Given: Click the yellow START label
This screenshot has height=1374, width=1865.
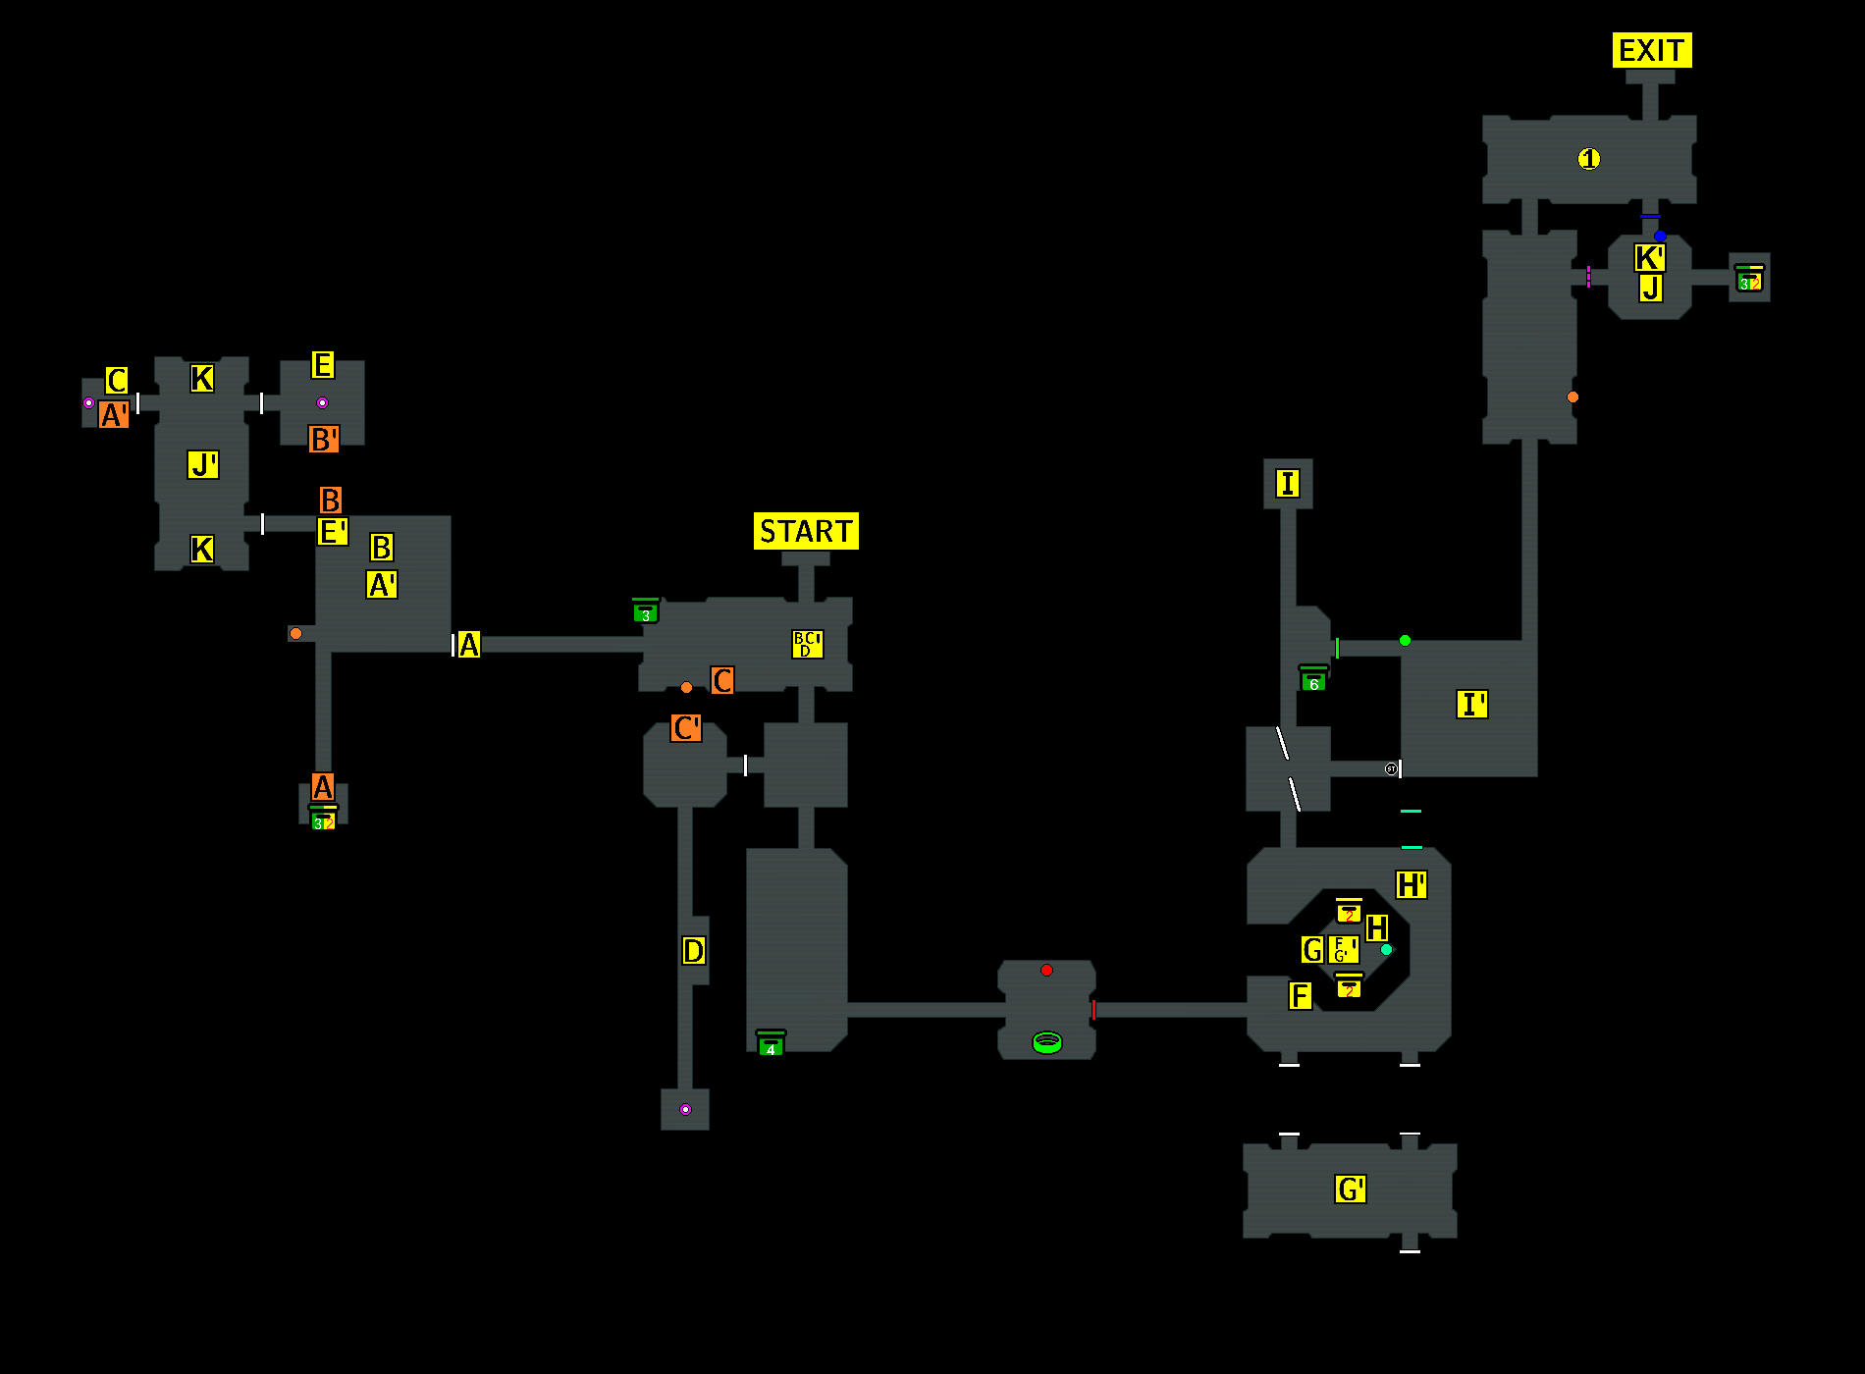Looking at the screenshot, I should [x=806, y=531].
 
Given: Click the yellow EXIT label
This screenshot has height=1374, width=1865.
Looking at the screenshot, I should [x=1652, y=50].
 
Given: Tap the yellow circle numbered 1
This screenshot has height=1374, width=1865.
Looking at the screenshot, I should [x=1589, y=158].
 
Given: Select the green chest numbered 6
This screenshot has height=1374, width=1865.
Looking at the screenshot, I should [x=1313, y=680].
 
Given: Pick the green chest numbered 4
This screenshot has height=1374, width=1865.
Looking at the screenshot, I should [x=771, y=1044].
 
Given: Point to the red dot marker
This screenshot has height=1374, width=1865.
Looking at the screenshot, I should [x=1046, y=970].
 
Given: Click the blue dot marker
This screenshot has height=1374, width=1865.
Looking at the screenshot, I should [x=1660, y=236].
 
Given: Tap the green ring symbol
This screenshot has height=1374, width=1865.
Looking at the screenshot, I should [x=1047, y=1042].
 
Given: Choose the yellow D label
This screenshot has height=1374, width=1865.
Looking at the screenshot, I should [x=694, y=950].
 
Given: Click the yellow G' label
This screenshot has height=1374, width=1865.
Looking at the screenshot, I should [x=1351, y=1189].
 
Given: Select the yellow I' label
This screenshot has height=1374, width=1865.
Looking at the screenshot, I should [x=1471, y=704].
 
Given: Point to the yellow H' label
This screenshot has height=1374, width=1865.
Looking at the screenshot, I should [x=1412, y=884].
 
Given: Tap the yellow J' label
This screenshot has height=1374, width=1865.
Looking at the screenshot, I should [x=203, y=464].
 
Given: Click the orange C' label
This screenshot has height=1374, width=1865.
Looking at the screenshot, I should [x=686, y=728].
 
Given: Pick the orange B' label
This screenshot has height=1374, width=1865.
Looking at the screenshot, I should [x=324, y=439].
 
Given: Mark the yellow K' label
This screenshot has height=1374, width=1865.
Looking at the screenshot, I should [x=1649, y=258].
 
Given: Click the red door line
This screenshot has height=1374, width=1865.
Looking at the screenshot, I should [x=1093, y=1010].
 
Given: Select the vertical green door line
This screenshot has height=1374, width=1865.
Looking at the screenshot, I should [x=1337, y=648].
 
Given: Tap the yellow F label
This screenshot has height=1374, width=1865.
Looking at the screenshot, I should [x=1300, y=996].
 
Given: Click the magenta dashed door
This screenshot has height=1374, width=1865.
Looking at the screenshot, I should [x=1588, y=277].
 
